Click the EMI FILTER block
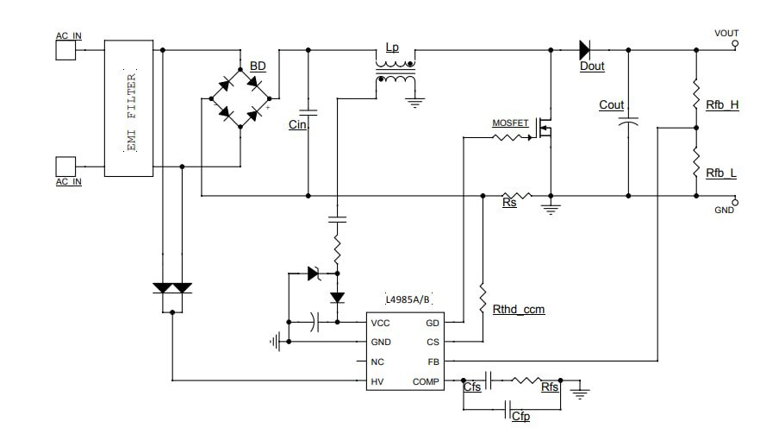129,109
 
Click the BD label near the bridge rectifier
258,66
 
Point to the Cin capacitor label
297,125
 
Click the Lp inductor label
392,48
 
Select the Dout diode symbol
589,50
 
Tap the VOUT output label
726,34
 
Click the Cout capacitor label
611,105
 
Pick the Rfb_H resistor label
721,105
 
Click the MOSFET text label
510,123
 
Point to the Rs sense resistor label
509,204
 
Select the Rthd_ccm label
518,308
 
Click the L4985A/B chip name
408,299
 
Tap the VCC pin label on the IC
380,324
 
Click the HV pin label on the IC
377,381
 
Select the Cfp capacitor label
520,417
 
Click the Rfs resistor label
550,387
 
